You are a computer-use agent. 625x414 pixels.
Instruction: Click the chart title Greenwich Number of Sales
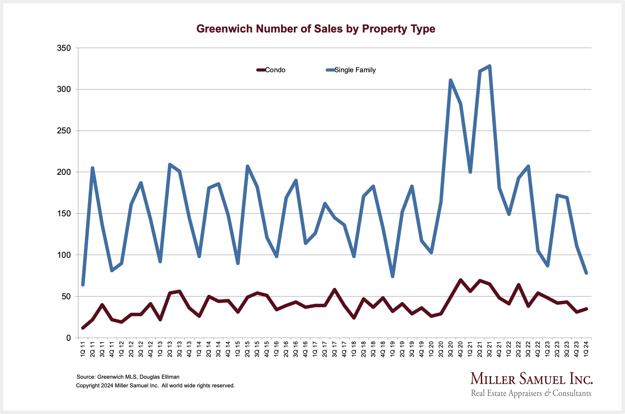[x=316, y=29]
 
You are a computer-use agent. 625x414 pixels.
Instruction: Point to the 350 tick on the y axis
[x=64, y=48]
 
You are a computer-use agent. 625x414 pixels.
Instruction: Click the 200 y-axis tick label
[x=64, y=172]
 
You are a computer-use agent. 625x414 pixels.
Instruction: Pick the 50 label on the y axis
[x=66, y=297]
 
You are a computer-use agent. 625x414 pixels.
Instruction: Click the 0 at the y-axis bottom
[x=68, y=338]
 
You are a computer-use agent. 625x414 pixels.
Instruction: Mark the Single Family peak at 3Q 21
[x=489, y=66]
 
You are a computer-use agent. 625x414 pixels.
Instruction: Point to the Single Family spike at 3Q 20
[x=451, y=80]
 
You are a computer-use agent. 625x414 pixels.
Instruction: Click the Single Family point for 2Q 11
[x=93, y=168]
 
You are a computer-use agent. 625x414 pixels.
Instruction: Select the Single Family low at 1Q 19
[x=393, y=276]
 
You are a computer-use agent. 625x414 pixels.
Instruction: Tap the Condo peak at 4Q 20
[x=460, y=280]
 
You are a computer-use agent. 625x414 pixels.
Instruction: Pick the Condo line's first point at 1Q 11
[x=83, y=328]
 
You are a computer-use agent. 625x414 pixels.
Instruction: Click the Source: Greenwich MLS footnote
[x=128, y=377]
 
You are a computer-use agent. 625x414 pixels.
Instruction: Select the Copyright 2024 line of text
[x=155, y=386]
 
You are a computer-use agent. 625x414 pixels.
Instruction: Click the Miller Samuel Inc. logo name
[x=531, y=379]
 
